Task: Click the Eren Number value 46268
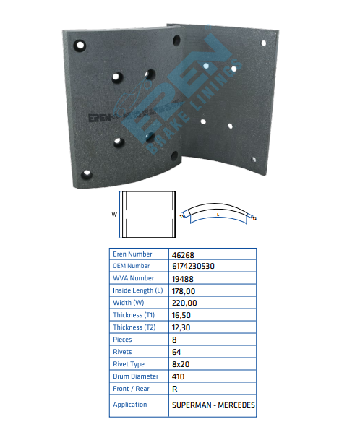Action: click(183, 255)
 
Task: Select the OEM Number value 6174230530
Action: click(193, 266)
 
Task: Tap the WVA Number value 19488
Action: click(183, 279)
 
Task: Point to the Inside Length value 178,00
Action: click(184, 291)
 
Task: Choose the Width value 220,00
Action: click(184, 303)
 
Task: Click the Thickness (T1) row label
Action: click(134, 315)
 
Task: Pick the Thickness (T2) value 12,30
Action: click(181, 327)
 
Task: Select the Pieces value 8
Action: click(174, 340)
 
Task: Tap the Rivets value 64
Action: click(176, 352)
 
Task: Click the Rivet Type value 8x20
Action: click(181, 364)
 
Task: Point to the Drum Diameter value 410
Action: click(179, 376)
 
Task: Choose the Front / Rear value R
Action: click(175, 389)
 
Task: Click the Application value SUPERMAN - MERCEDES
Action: click(213, 405)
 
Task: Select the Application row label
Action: click(130, 405)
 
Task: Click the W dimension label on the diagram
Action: click(114, 215)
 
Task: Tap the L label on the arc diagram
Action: click(218, 215)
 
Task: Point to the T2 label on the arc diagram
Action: click(254, 218)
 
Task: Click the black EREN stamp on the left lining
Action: click(100, 118)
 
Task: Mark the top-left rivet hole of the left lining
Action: click(80, 46)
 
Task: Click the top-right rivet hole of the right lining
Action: click(264, 43)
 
